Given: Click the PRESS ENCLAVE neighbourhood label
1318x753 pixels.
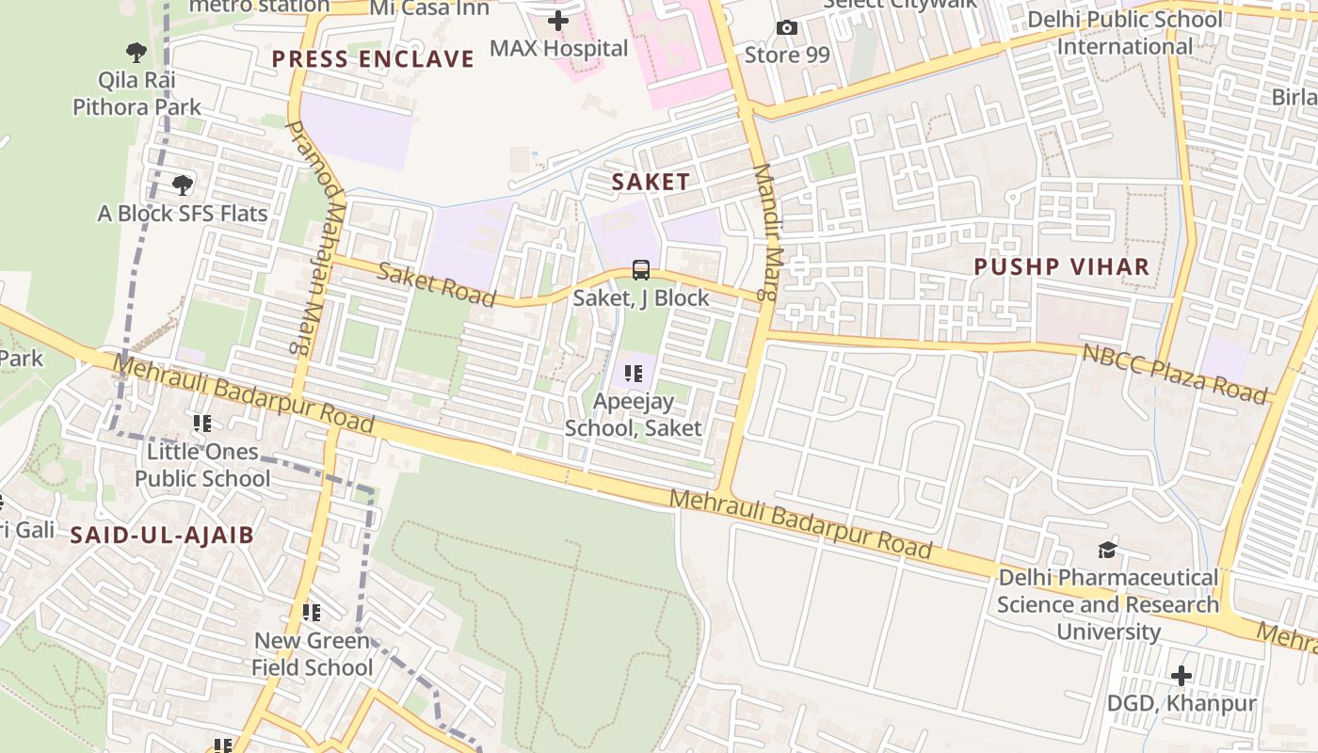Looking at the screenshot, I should (373, 59).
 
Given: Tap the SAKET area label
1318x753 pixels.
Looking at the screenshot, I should (651, 182).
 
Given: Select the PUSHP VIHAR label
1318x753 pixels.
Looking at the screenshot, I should (1062, 266).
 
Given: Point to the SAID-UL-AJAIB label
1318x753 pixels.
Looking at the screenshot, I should (162, 536).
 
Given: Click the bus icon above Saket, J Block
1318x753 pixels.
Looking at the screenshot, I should (641, 270).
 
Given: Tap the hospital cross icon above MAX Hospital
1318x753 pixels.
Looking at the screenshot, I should (558, 20).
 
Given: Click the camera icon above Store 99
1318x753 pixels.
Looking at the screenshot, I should (787, 28).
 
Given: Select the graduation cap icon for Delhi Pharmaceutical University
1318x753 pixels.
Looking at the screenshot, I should (1108, 550).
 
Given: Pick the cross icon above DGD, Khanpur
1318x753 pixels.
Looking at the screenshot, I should (1181, 676).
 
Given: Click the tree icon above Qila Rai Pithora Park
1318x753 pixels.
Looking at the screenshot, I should (137, 52).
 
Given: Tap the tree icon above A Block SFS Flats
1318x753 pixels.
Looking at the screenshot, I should (183, 184).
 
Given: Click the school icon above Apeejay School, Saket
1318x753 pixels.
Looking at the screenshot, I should (634, 374).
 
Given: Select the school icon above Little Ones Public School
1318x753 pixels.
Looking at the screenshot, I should (201, 424).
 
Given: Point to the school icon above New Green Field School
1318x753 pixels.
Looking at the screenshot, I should (312, 613).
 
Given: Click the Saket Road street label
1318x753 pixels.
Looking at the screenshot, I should (437, 284).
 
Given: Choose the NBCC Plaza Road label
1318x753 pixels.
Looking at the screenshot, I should (1175, 373).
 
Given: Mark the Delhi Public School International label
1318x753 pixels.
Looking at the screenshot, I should (1125, 33).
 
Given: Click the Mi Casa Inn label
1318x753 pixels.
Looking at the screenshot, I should (430, 8).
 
